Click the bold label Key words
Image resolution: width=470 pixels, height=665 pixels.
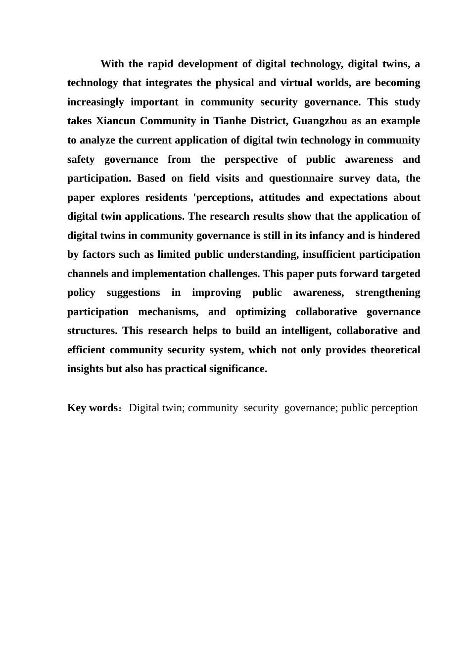[x=92, y=408]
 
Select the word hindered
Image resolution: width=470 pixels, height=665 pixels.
[x=399, y=236]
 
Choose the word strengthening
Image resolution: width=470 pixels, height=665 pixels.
[x=388, y=293]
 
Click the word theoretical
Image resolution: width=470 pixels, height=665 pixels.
[x=395, y=350]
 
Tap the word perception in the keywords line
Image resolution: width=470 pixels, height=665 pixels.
[x=393, y=408]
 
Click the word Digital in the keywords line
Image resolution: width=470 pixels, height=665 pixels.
[x=143, y=408]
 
